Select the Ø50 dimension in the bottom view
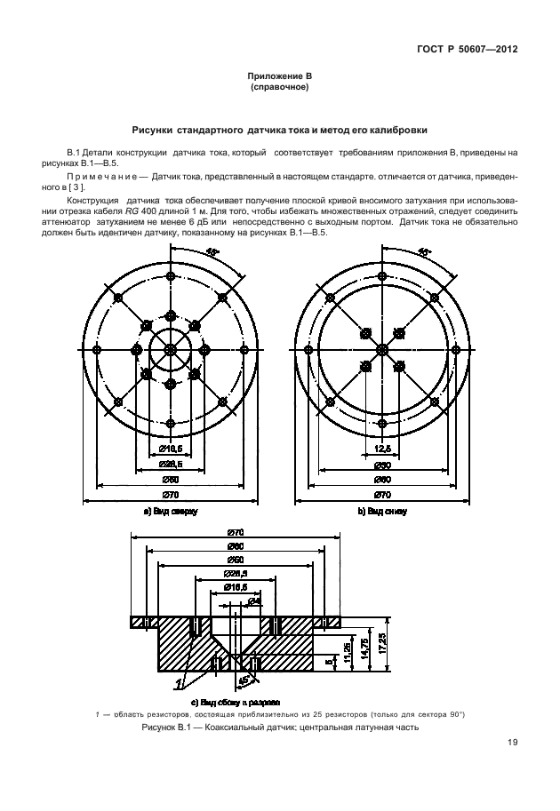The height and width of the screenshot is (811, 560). [x=383, y=464]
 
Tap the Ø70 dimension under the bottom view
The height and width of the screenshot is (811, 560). [x=383, y=493]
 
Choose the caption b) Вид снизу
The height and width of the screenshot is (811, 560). [x=383, y=513]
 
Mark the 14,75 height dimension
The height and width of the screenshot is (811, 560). [x=364, y=646]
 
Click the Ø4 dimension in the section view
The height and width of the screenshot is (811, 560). [x=254, y=601]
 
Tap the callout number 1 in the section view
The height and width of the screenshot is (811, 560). [x=180, y=684]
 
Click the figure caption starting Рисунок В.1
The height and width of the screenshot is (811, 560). [x=279, y=728]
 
